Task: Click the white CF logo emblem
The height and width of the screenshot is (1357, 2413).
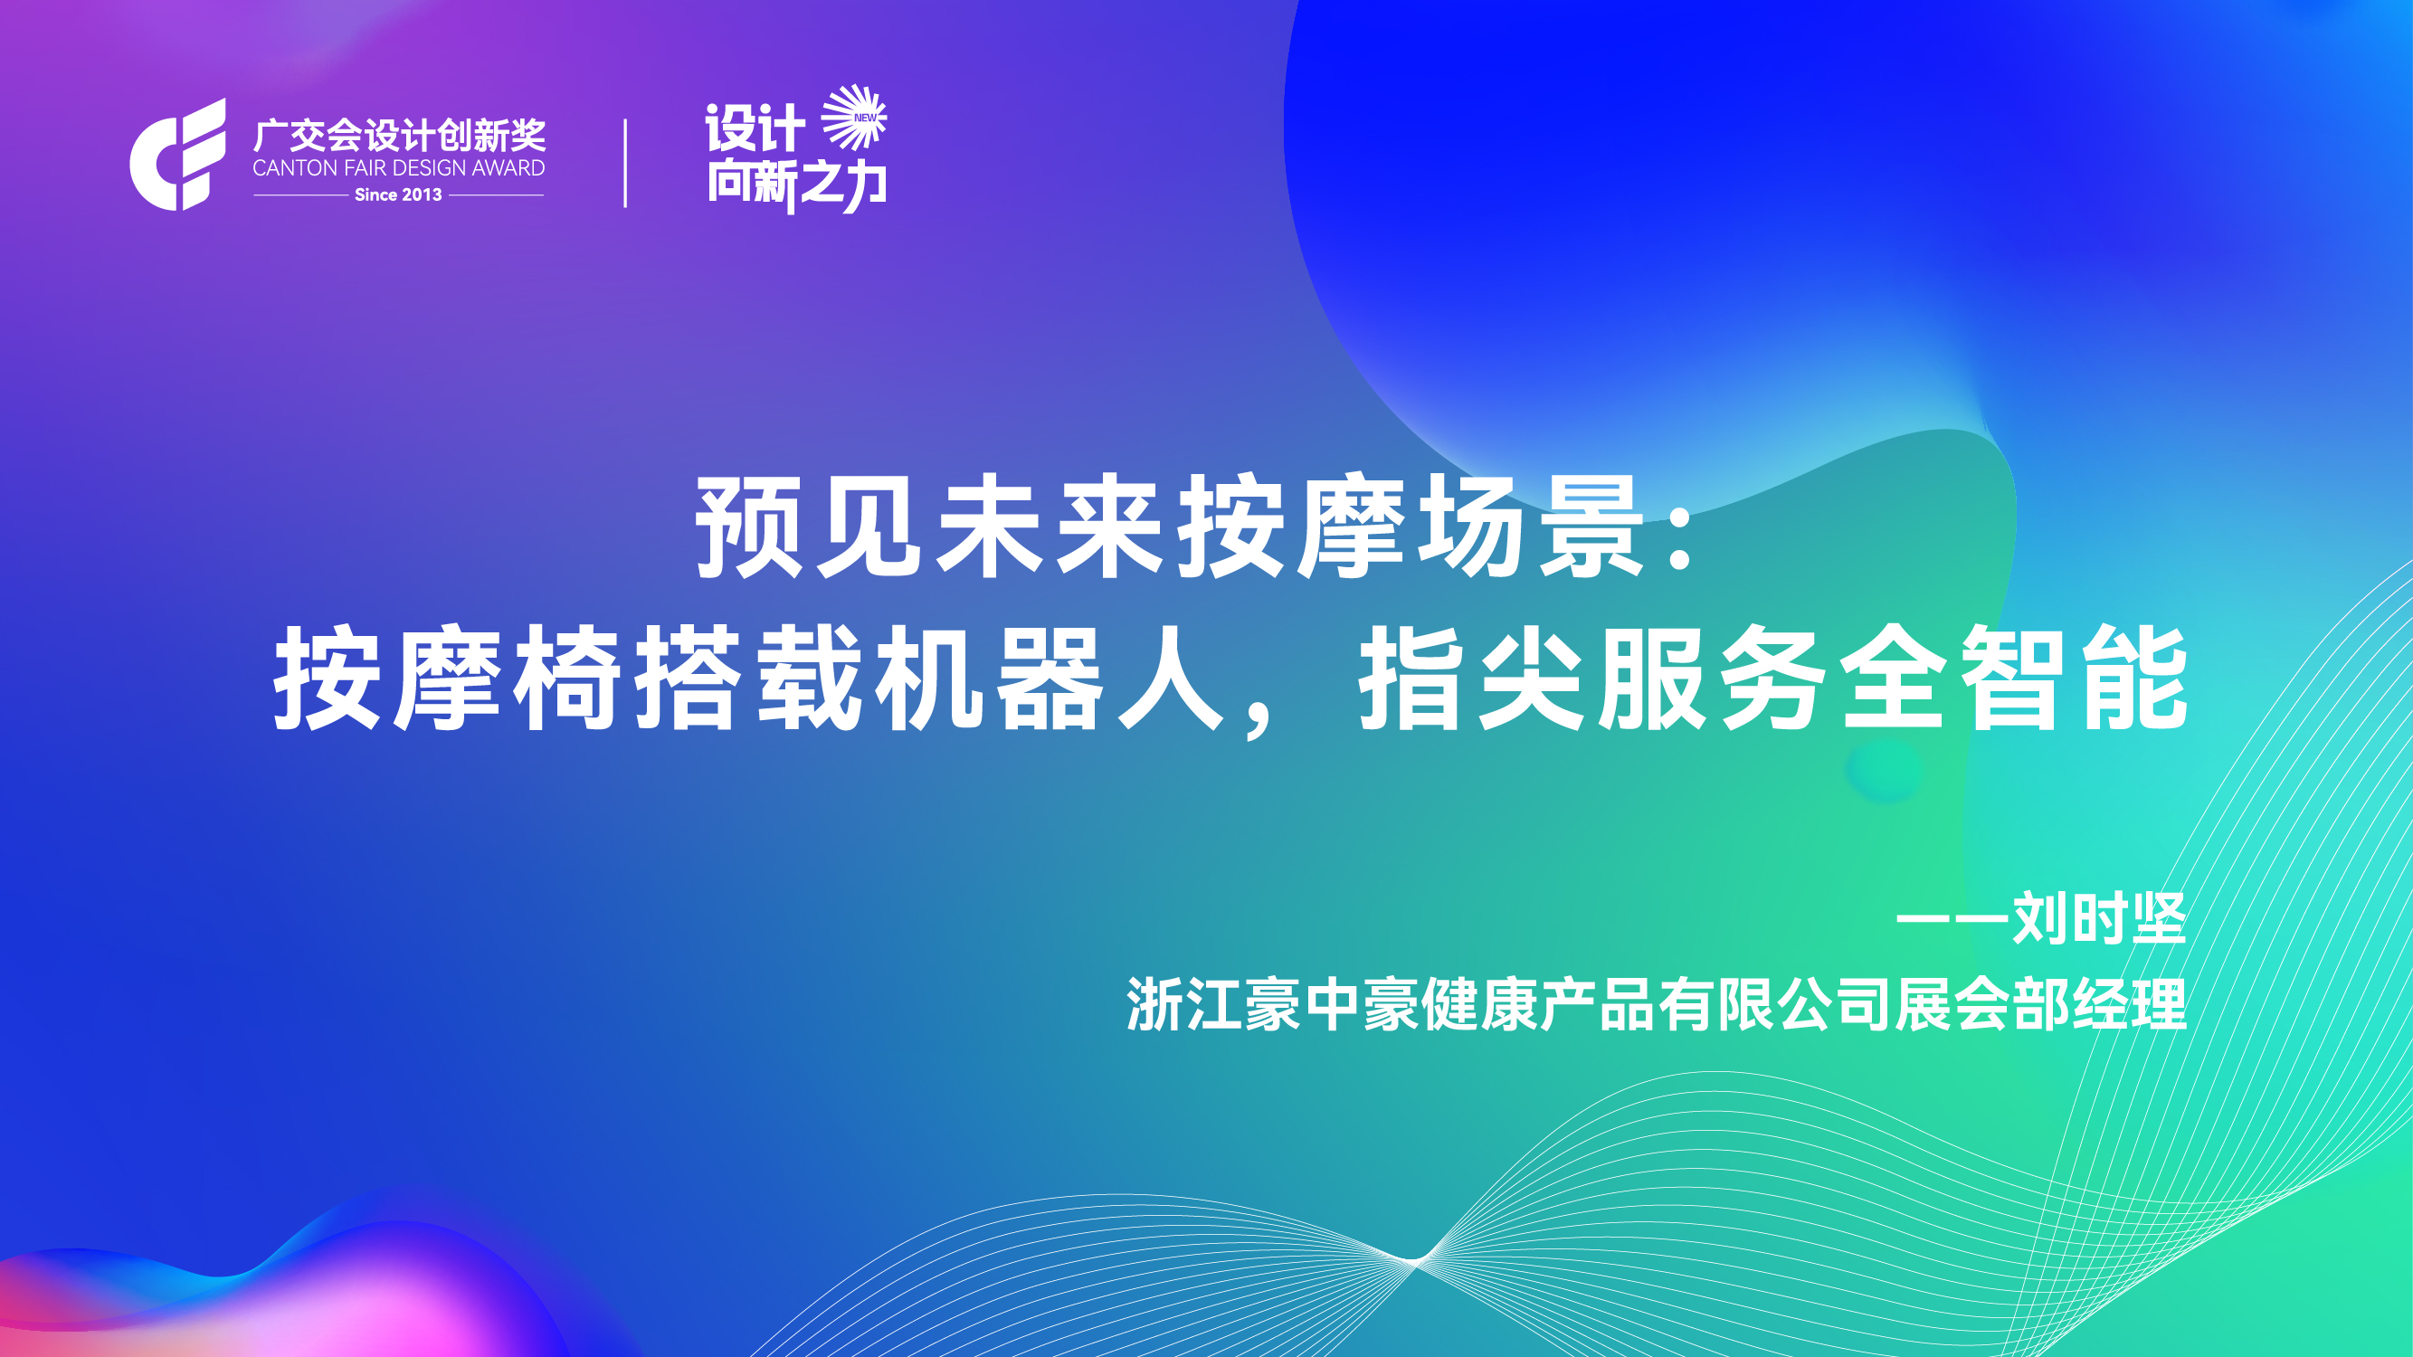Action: coord(178,155)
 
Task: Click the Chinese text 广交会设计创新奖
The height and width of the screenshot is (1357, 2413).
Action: coord(399,136)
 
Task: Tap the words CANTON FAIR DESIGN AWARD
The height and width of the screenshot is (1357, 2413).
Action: coord(399,168)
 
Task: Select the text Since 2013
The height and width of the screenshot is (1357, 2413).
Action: coord(398,195)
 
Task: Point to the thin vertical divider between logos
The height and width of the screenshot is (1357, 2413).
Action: coord(625,163)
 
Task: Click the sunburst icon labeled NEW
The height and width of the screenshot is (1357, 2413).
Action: coord(854,117)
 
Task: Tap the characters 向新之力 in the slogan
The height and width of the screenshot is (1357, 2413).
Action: coord(797,185)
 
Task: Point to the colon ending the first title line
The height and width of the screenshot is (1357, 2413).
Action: coord(1681,527)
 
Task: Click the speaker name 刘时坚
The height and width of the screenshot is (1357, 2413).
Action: coord(2099,920)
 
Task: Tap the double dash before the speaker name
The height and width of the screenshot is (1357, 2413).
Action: coord(1952,920)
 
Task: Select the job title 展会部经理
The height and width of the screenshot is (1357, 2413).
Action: coord(2041,1005)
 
